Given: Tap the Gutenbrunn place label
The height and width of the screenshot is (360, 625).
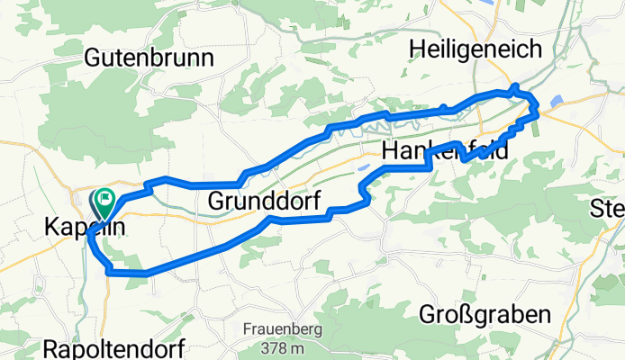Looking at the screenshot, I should pos(149,58).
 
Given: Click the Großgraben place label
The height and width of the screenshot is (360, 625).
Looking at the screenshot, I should pos(485,315).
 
